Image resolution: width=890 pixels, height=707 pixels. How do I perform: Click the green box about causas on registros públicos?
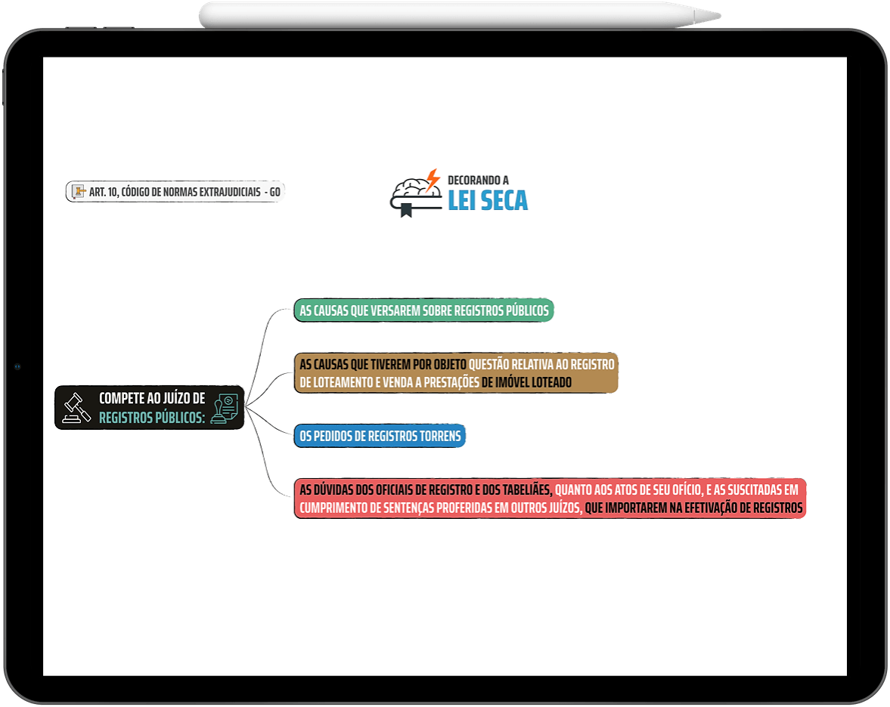(423, 310)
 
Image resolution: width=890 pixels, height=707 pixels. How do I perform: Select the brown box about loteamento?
(456, 372)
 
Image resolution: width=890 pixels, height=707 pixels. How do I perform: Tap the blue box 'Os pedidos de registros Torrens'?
(380, 435)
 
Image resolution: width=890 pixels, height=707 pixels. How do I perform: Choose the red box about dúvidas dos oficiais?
(550, 498)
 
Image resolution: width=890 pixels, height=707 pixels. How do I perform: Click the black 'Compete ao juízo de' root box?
(149, 407)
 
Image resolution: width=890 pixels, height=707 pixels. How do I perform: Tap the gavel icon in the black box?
(76, 408)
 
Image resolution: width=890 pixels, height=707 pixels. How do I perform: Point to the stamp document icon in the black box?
(225, 408)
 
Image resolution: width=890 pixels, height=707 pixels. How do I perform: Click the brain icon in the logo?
(416, 190)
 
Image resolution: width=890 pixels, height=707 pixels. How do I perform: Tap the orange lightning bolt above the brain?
(433, 179)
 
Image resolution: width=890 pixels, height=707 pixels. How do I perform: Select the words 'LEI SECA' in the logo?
(488, 200)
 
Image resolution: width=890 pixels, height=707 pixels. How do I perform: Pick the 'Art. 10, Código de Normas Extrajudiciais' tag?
(175, 192)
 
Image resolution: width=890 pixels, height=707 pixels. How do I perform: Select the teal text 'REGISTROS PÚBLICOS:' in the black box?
(152, 417)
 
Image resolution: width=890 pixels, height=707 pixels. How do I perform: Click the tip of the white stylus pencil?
(720, 16)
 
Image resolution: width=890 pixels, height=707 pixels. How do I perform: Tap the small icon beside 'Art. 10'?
(79, 192)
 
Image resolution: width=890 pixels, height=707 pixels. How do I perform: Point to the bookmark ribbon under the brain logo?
(406, 210)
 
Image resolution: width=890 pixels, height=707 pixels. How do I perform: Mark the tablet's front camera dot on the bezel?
(17, 367)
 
